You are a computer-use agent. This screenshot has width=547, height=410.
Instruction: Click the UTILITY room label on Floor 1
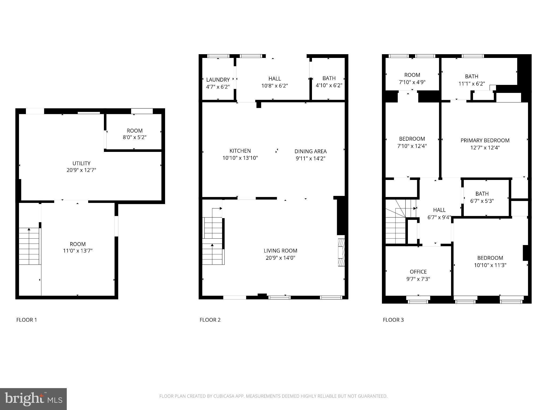[x=81, y=163]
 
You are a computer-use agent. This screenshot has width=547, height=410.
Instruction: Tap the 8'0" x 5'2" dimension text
[x=135, y=137]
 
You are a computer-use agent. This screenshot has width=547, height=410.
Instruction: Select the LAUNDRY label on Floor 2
[x=218, y=80]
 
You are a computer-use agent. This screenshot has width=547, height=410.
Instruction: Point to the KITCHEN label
[x=240, y=151]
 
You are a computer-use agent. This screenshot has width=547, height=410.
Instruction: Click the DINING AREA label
[x=310, y=151]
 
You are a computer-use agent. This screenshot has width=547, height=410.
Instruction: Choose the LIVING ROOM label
[x=280, y=251]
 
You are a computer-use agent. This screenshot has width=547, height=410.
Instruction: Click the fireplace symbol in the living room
[x=341, y=252]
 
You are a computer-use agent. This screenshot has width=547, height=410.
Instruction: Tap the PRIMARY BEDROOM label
[x=485, y=140]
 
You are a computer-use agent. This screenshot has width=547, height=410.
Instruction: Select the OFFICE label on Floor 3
[x=418, y=272]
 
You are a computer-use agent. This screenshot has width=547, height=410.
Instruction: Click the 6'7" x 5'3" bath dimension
[x=482, y=201]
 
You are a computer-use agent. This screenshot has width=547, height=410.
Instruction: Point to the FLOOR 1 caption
[x=27, y=320]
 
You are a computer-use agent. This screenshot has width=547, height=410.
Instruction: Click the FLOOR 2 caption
[x=210, y=320]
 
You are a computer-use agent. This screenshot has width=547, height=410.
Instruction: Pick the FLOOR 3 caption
[x=393, y=320]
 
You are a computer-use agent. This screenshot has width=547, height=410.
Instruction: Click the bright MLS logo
[x=33, y=399]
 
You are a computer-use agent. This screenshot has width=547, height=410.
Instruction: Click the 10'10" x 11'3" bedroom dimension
[x=490, y=265]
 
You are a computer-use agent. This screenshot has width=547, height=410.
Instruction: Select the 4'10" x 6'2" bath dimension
[x=329, y=85]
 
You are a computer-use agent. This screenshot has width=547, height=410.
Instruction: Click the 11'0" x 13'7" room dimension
[x=78, y=251]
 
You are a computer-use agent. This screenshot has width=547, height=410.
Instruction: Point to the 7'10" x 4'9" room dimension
[x=412, y=82]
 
